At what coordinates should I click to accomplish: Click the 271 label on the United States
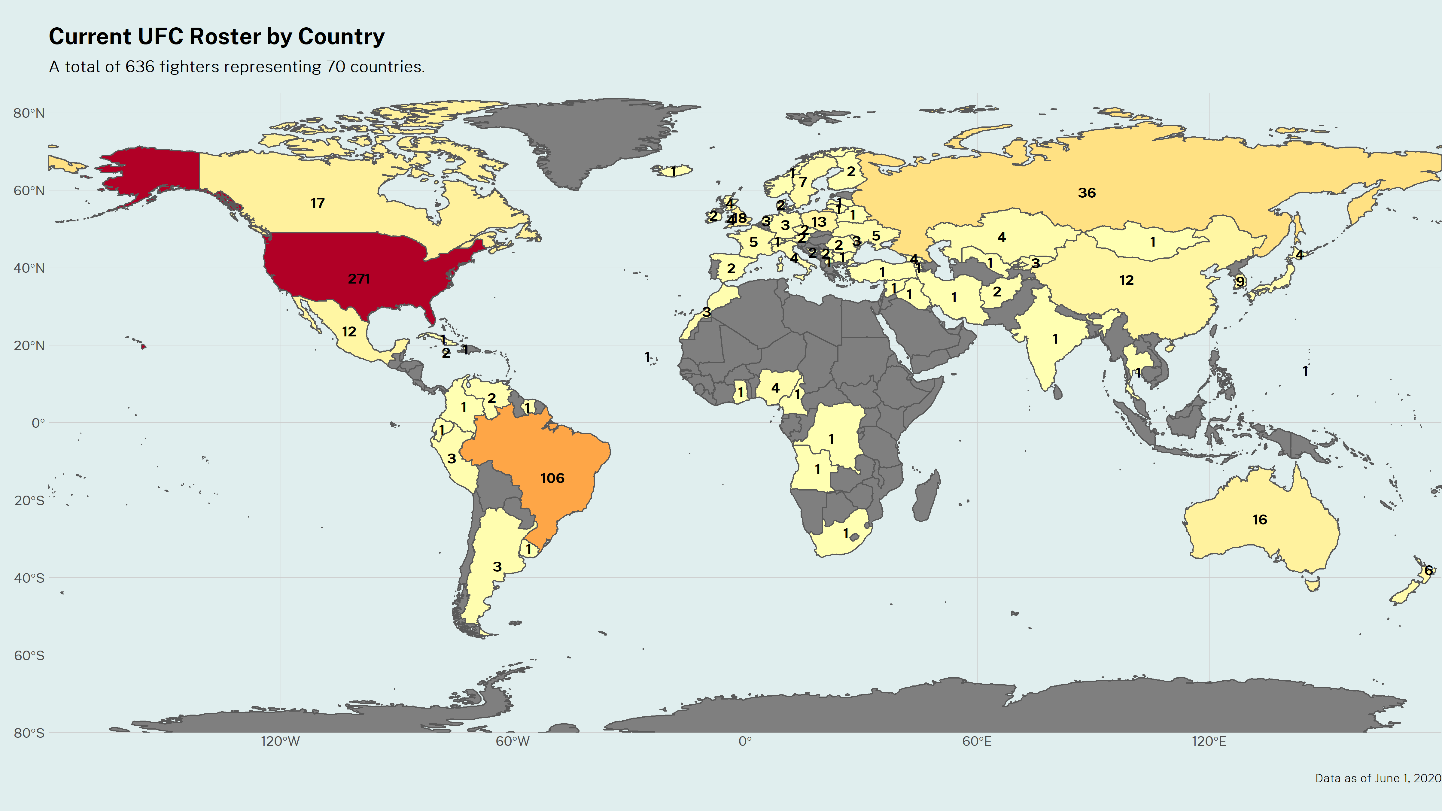tap(359, 279)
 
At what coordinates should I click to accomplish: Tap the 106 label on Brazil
tap(552, 478)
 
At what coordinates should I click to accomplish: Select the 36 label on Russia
tap(1087, 193)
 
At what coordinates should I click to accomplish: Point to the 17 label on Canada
tap(318, 203)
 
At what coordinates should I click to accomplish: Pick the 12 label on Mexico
tap(349, 332)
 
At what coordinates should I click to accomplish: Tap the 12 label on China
tap(1126, 281)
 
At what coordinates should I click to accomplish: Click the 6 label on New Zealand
tap(1428, 570)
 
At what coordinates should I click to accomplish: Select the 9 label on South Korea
tap(1240, 281)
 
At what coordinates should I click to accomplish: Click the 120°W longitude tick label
tap(281, 742)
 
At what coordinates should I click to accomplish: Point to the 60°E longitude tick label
tap(977, 742)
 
